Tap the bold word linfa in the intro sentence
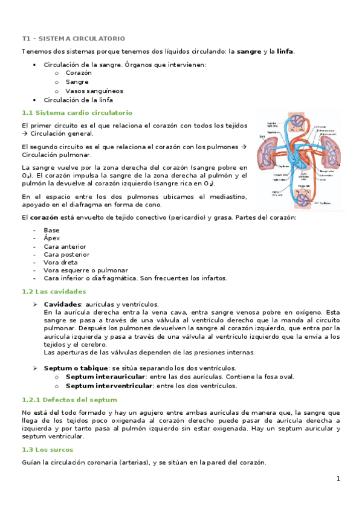coord(285,52)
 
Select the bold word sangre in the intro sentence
coord(249,52)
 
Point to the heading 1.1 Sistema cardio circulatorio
coord(77,113)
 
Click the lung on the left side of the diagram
coord(267,155)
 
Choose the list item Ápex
coord(51,238)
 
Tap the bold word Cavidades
coord(62,304)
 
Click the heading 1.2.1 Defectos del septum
coord(69,400)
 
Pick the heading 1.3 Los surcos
coord(47,450)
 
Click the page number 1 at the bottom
coord(338,479)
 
